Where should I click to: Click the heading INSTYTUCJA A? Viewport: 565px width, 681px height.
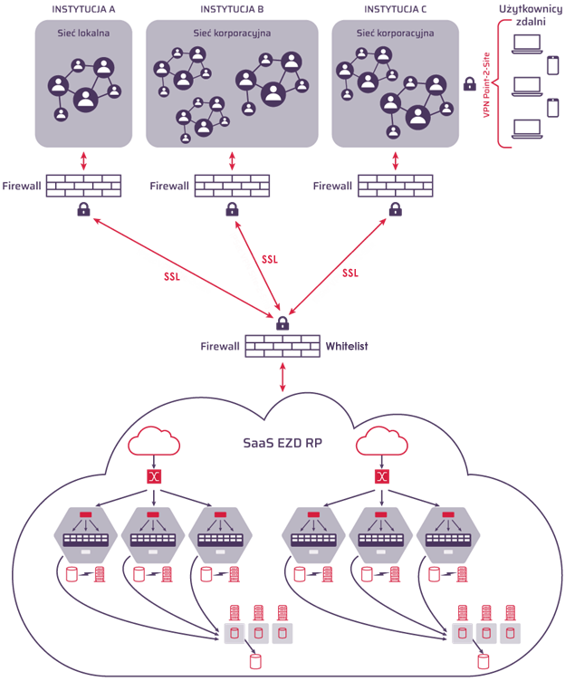(x=83, y=8)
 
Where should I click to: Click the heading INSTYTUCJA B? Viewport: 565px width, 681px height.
(x=232, y=8)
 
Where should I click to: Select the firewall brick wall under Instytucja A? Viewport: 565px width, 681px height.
(x=83, y=186)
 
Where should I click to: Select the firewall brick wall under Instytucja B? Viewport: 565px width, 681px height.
(x=232, y=186)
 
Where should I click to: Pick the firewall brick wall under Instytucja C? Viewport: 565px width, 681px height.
(x=395, y=186)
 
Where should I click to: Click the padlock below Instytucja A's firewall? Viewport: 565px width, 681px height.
(x=83, y=210)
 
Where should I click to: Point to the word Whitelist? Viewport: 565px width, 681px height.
(x=348, y=346)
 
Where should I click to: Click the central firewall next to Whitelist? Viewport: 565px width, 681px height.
(x=282, y=346)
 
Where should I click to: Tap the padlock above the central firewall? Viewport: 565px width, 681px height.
(x=282, y=322)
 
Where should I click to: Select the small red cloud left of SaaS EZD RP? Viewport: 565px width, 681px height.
(x=154, y=442)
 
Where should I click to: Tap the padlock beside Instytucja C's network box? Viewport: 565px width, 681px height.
(x=469, y=84)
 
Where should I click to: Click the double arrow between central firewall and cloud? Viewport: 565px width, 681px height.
(x=283, y=377)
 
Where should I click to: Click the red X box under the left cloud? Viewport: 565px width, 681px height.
(x=154, y=477)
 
